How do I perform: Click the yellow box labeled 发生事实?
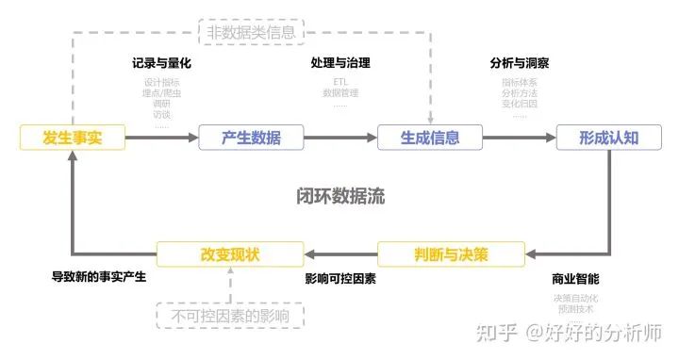[x=72, y=138]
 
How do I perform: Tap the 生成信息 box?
[x=430, y=138]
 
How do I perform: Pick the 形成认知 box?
[x=609, y=138]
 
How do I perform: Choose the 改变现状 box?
[x=230, y=254]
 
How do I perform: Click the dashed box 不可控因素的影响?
[x=231, y=315]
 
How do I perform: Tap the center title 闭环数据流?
[x=340, y=196]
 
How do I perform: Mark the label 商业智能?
[x=575, y=280]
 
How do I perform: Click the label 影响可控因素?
[x=340, y=280]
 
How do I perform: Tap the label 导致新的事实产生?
[x=99, y=279]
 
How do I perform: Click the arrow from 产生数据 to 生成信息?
[x=340, y=138]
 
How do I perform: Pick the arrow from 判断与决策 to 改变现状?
[x=340, y=254]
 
